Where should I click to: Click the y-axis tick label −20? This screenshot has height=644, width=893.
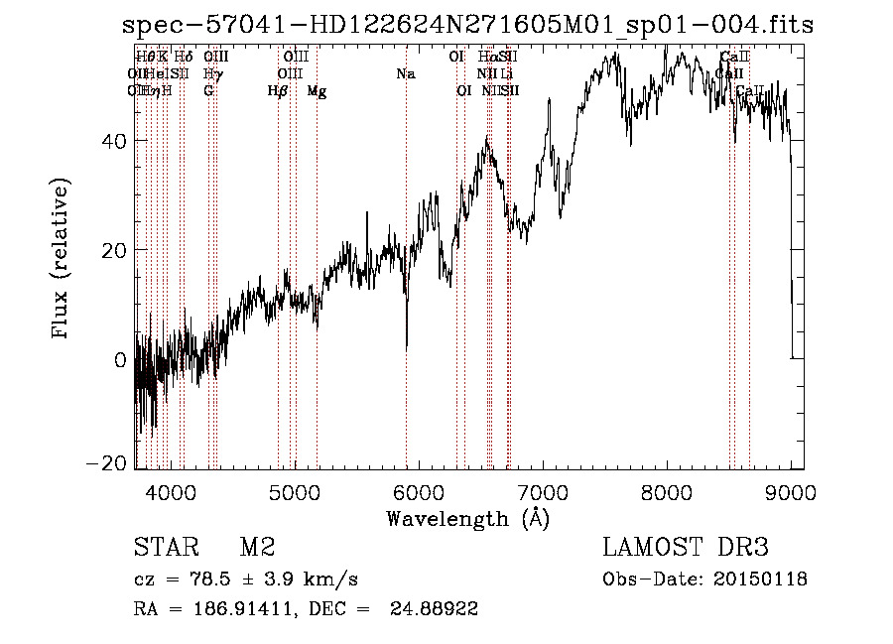click(109, 463)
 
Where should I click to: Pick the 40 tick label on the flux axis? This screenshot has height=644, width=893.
click(114, 141)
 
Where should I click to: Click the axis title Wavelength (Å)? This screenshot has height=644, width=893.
click(467, 518)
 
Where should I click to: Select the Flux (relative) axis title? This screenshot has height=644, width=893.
click(62, 260)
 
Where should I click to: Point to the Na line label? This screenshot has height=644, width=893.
click(405, 73)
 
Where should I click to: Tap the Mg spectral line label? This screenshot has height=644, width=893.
click(317, 91)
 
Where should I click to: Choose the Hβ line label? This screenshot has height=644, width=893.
click(278, 91)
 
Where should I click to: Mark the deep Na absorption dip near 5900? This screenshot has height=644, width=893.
click(407, 342)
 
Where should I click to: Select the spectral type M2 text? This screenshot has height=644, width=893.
click(257, 547)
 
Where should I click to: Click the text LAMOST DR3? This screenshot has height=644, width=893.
click(685, 547)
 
